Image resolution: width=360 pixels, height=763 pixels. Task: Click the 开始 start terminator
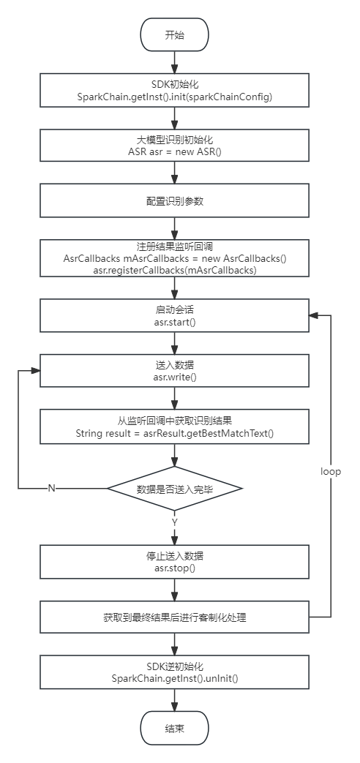point(174,35)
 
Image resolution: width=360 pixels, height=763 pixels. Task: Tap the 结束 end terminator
point(174,729)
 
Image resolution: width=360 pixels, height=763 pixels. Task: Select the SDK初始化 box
point(174,91)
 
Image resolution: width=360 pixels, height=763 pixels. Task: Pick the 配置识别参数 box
point(174,200)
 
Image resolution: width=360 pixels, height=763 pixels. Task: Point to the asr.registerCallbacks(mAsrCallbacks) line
point(174,271)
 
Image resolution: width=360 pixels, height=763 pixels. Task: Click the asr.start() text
point(174,323)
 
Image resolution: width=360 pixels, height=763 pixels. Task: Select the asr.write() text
point(174,377)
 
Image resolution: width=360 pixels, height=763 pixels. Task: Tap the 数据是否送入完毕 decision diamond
point(174,488)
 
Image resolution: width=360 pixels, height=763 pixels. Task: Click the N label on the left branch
point(51,488)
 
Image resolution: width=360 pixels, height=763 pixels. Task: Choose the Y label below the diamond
point(174,522)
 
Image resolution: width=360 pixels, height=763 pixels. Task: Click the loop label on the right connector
point(331,471)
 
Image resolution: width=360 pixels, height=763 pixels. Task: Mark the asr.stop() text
point(174,568)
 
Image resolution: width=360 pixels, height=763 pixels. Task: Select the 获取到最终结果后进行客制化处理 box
point(174,617)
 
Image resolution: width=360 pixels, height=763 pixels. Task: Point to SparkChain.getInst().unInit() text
point(174,678)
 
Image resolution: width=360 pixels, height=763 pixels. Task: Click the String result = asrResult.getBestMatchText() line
point(174,433)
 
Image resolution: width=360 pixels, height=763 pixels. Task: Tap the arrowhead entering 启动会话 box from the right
point(314,315)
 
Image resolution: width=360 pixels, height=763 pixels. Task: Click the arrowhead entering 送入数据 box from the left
point(36,371)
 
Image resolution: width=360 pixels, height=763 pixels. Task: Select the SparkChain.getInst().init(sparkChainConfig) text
point(174,97)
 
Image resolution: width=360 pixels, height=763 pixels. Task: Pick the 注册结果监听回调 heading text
point(174,247)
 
